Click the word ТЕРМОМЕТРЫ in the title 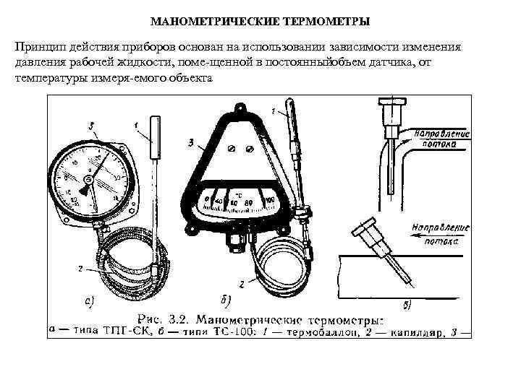334,22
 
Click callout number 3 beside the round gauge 93,126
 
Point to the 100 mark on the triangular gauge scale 270,199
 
